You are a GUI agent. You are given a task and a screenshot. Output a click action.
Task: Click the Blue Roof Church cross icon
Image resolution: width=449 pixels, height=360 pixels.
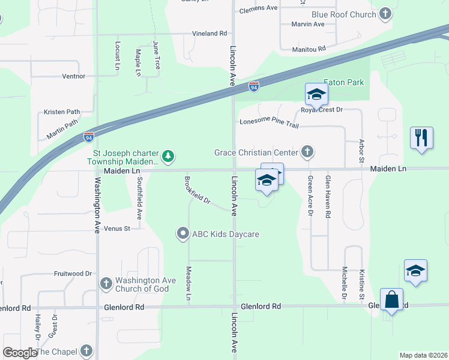(385, 14)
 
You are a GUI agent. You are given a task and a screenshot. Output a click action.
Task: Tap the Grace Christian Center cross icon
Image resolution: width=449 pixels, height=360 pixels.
(307, 152)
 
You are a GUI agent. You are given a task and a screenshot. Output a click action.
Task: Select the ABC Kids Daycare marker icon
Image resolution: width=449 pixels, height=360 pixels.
(183, 233)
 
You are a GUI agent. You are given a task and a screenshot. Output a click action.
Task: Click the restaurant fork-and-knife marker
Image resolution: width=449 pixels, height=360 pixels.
(421, 137)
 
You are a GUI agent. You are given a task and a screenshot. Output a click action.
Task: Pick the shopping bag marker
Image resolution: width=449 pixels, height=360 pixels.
(391, 299)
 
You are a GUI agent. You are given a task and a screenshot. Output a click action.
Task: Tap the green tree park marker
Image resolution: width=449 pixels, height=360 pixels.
(169, 157)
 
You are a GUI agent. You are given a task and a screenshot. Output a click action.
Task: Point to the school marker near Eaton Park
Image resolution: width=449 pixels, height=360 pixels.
(316, 94)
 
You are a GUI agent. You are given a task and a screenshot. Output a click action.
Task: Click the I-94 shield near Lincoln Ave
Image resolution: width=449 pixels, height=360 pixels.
(255, 87)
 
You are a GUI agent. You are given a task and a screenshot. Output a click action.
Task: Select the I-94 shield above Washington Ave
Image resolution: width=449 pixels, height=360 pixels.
(89, 137)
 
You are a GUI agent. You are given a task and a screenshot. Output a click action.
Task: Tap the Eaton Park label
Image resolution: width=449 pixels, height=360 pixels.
(344, 82)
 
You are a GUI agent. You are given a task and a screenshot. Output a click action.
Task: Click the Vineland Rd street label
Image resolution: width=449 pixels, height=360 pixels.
(209, 34)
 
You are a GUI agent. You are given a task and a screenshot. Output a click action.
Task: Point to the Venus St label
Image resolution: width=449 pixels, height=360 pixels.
(117, 229)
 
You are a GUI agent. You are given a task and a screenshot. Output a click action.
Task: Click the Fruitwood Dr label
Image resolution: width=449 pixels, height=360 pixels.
(71, 274)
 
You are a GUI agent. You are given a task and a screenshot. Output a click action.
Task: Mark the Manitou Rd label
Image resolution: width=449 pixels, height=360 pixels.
(308, 48)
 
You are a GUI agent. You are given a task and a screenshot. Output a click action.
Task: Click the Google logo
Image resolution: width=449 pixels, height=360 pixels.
(19, 352)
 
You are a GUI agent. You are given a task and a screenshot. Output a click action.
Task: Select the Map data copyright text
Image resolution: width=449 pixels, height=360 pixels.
(423, 355)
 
